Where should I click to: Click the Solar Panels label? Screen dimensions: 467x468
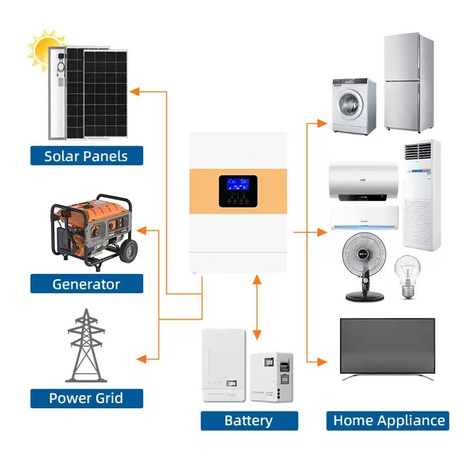[x=86, y=156]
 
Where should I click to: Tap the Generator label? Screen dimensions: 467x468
[x=86, y=284]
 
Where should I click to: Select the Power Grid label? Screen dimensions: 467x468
[x=86, y=398]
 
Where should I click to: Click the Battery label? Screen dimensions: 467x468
[x=249, y=421]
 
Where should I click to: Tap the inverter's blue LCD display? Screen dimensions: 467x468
[x=237, y=183]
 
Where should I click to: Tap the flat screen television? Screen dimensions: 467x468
[x=388, y=346]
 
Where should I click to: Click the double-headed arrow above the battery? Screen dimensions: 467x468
[x=257, y=305]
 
